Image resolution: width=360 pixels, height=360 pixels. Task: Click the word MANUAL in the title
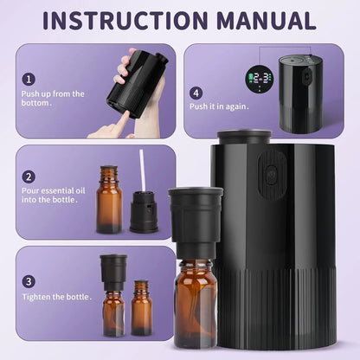(262, 20)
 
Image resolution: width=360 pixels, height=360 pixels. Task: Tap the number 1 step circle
(29, 79)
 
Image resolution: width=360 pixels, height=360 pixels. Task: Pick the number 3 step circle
(29, 281)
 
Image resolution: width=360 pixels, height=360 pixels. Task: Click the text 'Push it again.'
(219, 106)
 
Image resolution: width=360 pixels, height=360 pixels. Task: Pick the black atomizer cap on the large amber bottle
(195, 222)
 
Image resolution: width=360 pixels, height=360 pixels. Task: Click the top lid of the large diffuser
(243, 136)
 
